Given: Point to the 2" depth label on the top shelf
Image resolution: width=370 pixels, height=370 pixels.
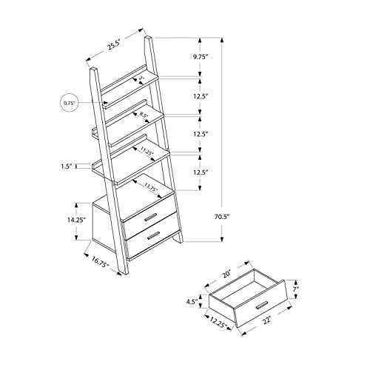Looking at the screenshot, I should click(141, 78).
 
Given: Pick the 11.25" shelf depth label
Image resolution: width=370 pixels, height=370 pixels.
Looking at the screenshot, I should click(145, 152).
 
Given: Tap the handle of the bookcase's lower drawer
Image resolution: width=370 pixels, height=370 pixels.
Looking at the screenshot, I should click(155, 236).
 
